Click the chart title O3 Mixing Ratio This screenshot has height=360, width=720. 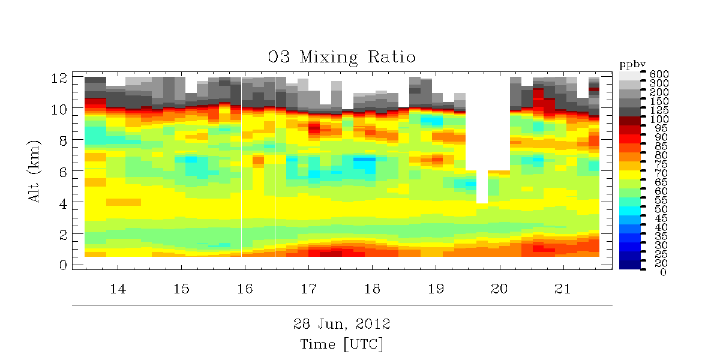[342, 58]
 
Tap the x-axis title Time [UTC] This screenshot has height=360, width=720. [342, 344]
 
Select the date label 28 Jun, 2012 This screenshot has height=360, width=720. [342, 325]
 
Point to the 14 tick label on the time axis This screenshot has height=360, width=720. [118, 289]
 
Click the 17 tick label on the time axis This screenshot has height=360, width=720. [308, 289]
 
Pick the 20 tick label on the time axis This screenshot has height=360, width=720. [499, 289]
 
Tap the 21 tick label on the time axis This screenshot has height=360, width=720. [562, 289]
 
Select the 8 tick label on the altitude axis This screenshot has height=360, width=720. [61, 140]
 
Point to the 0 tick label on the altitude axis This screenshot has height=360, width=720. [61, 265]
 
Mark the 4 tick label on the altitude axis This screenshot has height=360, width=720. [61, 202]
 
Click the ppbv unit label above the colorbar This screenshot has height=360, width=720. [631, 63]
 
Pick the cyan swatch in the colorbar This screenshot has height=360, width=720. [630, 210]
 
